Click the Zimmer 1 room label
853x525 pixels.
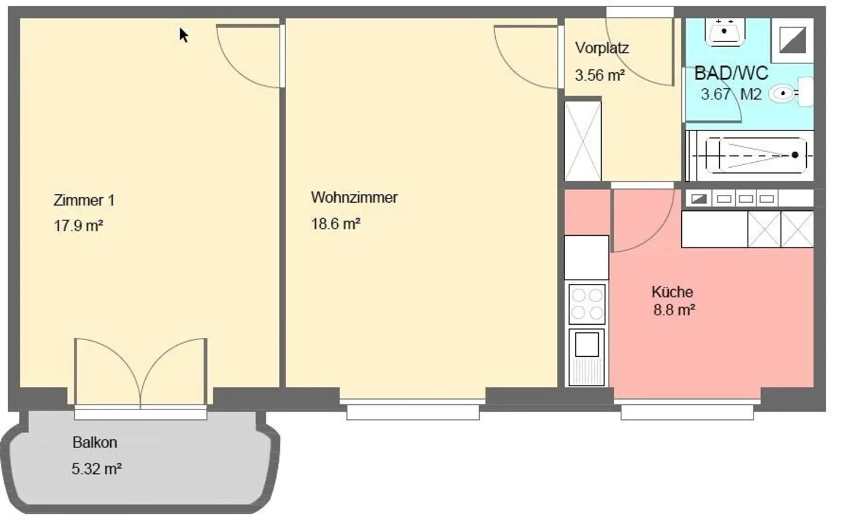pyautogui.click(x=84, y=200)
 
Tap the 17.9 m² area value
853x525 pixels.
pyautogui.click(x=78, y=226)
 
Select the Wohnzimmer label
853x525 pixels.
pyautogui.click(x=354, y=197)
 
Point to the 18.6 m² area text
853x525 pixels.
pyautogui.click(x=335, y=223)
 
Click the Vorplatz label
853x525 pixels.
pyautogui.click(x=602, y=48)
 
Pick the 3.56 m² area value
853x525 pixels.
pyautogui.click(x=599, y=75)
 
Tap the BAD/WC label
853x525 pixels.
pyautogui.click(x=731, y=73)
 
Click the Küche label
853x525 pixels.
pyautogui.click(x=672, y=292)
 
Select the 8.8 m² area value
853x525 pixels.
pyautogui.click(x=674, y=310)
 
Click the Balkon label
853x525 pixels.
pyautogui.click(x=95, y=442)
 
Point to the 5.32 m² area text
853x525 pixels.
pyautogui.click(x=97, y=469)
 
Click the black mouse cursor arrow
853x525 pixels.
pyautogui.click(x=184, y=35)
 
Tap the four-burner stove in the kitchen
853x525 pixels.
pyautogui.click(x=586, y=304)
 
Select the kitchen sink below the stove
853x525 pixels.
pyautogui.click(x=586, y=357)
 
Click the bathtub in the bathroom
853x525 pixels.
pyautogui.click(x=756, y=155)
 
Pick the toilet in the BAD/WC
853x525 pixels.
pyautogui.click(x=790, y=92)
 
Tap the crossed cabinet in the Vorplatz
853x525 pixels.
pyautogui.click(x=583, y=140)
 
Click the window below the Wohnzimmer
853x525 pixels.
pyautogui.click(x=413, y=409)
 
